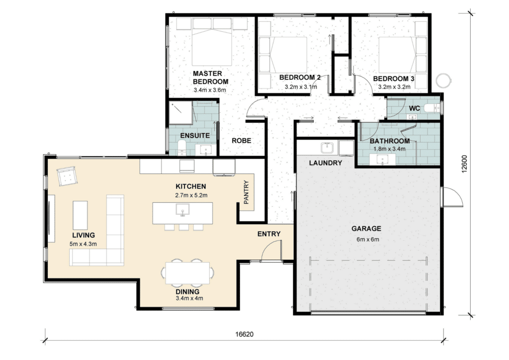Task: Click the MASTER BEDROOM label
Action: pos(210,78)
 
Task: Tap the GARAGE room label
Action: pos(366,229)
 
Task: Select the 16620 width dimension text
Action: pos(244,334)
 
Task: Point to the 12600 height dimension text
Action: pos(465,164)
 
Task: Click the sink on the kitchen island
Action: pos(183,210)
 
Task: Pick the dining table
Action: pos(187,273)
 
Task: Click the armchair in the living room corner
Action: pos(67,176)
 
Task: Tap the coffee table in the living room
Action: pos(80,215)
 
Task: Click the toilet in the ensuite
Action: pos(182,148)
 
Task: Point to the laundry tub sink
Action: pos(327,148)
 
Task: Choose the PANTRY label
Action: pos(246,192)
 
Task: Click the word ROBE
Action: pos(241,141)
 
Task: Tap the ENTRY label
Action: pos(269,234)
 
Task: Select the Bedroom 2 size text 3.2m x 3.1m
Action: pos(301,87)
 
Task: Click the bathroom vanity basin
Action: pos(383,160)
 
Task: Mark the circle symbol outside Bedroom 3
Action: pos(443,80)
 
